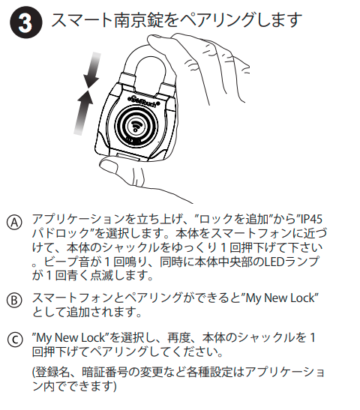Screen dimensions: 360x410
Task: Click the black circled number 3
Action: point(25,22)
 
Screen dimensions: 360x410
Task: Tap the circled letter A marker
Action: point(14,223)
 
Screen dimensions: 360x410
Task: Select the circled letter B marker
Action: point(14,300)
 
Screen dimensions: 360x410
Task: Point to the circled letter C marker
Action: point(15,340)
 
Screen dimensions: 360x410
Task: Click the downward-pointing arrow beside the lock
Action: point(93,70)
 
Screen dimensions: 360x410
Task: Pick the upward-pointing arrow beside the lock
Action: point(83,112)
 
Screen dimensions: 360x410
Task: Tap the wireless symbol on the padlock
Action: point(136,125)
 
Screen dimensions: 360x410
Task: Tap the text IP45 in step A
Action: point(310,219)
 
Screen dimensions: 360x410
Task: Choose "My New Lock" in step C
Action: point(70,337)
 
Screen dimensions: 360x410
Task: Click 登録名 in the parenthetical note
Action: point(52,372)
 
